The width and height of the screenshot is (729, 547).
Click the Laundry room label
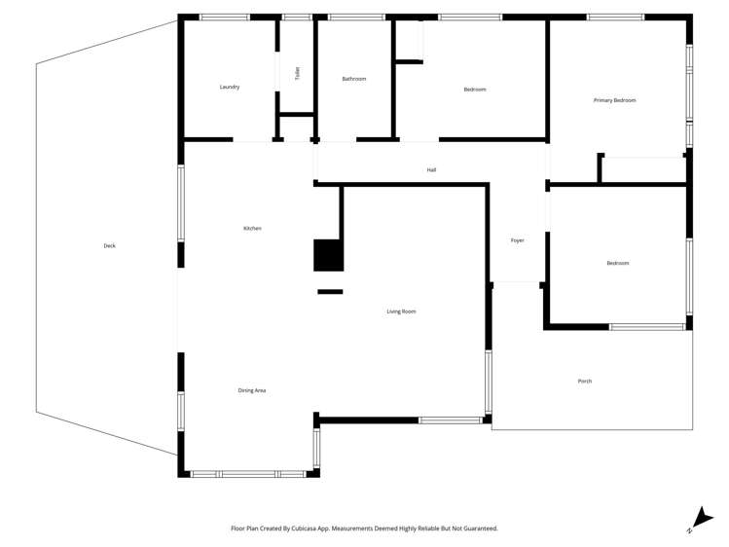point(230,87)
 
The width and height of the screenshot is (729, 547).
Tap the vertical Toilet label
point(298,73)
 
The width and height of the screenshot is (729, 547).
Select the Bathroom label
point(353,79)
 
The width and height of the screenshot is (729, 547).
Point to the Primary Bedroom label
point(614,100)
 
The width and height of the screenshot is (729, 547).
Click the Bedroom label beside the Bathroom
point(474,90)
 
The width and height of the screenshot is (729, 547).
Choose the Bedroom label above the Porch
point(617,263)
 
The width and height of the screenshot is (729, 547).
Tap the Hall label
point(431,170)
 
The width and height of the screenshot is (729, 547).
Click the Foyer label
point(517,240)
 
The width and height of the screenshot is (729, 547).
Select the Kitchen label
point(252,229)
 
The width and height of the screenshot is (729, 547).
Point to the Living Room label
point(401,311)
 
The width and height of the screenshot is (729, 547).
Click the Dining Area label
point(252,390)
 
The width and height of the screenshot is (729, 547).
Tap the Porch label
point(584,381)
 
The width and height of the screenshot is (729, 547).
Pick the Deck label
point(109,245)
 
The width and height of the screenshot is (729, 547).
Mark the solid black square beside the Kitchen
point(328,255)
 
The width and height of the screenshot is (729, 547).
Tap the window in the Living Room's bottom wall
point(450,420)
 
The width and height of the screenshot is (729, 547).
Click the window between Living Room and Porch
point(489,382)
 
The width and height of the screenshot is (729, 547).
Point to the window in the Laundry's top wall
point(224,17)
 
